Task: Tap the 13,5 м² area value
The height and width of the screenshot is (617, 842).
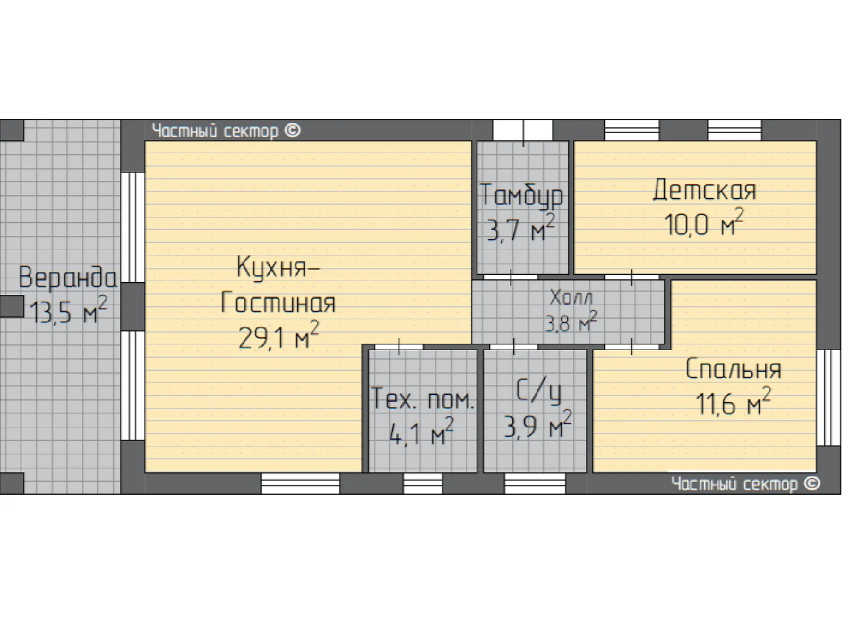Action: pos(69,310)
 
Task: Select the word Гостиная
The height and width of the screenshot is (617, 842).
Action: pos(278,302)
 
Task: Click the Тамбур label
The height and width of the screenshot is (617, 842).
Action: pos(521,195)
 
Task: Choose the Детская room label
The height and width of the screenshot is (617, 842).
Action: pos(704,190)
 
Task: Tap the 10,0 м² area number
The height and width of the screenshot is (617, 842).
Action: pos(704,222)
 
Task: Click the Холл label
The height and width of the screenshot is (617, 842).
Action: pos(570,298)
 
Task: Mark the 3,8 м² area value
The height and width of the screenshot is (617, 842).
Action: pos(570,322)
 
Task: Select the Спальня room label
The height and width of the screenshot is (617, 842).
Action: pos(733,368)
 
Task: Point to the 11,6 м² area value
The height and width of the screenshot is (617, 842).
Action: pos(733,401)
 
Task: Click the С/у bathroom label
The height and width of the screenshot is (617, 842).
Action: pos(538,392)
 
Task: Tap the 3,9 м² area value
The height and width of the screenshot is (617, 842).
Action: pos(538,424)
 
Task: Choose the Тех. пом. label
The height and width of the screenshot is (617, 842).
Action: pos(422,399)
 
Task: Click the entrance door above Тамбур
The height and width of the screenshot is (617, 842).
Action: pos(523,130)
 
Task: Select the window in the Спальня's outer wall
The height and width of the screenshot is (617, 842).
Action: pos(829,398)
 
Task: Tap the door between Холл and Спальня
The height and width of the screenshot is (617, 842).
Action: pos(632,347)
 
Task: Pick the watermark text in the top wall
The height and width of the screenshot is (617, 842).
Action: pos(226,131)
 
